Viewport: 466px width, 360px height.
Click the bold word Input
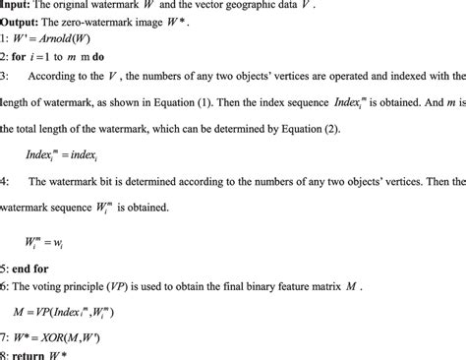tap(17, 6)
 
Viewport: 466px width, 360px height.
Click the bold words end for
tap(36, 266)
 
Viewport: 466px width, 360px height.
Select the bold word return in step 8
tap(31, 353)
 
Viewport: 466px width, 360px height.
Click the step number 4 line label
tap(4, 184)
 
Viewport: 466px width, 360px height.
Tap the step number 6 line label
tap(4, 284)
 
